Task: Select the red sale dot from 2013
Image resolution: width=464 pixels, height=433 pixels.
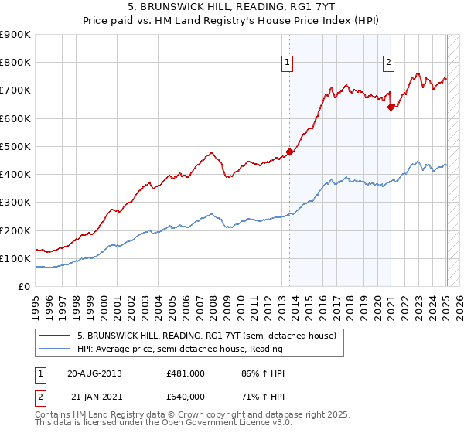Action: (290, 152)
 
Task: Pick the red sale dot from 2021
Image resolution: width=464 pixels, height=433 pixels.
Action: (391, 107)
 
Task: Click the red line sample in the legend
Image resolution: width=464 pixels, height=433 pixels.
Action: (56, 336)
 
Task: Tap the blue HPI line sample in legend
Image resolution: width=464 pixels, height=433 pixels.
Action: (56, 349)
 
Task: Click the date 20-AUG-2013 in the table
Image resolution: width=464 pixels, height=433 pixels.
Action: (95, 373)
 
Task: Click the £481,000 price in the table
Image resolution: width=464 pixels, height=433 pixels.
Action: (186, 373)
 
